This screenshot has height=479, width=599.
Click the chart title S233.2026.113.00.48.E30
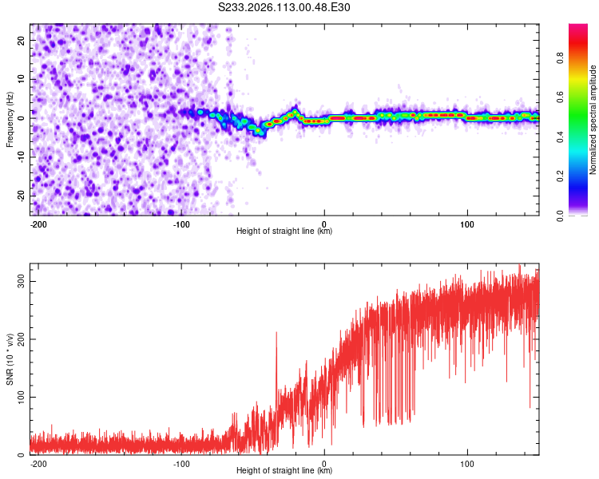284,8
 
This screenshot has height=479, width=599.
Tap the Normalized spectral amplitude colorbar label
593,120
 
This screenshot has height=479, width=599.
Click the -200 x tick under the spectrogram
38,224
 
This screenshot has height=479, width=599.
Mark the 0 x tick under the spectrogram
324,224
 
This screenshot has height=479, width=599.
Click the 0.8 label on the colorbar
561,57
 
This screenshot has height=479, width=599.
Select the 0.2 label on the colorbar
561,176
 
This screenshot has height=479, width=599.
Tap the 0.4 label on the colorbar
561,137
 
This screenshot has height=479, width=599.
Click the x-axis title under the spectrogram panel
284,232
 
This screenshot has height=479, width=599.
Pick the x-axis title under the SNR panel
284,471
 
